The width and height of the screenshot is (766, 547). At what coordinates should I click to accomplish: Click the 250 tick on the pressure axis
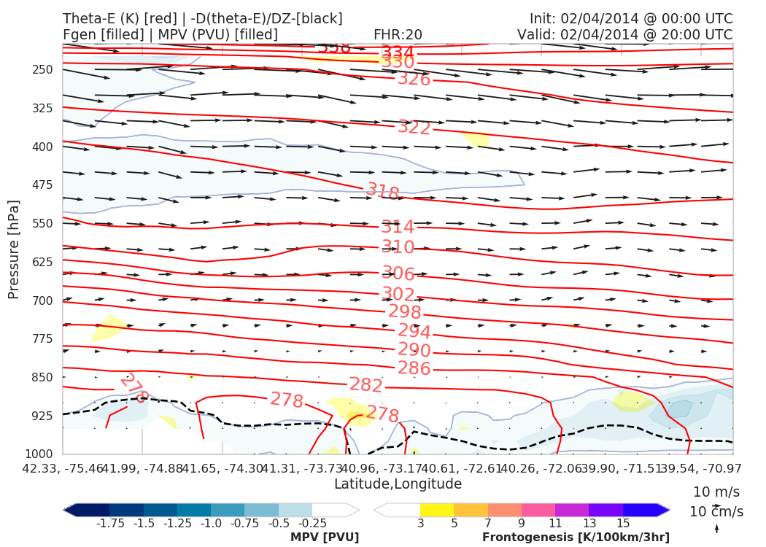pyautogui.click(x=43, y=70)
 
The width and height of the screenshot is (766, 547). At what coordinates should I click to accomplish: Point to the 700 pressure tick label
pyautogui.click(x=43, y=300)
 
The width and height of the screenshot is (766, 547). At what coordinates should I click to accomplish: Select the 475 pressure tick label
pyautogui.click(x=43, y=185)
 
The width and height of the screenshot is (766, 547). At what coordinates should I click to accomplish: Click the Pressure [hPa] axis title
pyautogui.click(x=14, y=249)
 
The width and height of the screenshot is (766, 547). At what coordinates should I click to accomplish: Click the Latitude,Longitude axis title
pyautogui.click(x=398, y=484)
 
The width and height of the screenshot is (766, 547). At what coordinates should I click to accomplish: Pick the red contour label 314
pyautogui.click(x=398, y=227)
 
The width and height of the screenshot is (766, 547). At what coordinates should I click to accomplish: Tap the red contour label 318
pyautogui.click(x=382, y=192)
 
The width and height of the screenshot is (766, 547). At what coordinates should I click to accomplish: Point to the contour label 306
pyautogui.click(x=398, y=274)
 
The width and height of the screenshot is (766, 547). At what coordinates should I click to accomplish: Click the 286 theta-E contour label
pyautogui.click(x=414, y=368)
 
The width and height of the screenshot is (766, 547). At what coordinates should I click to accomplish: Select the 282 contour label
pyautogui.click(x=366, y=385)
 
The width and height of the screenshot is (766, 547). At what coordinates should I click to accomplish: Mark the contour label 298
pyautogui.click(x=405, y=312)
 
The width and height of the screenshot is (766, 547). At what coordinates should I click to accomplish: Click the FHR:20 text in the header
pyautogui.click(x=398, y=35)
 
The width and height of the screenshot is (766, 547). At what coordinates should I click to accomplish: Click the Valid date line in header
pyautogui.click(x=624, y=35)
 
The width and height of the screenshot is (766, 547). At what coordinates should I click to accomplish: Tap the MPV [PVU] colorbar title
pyautogui.click(x=325, y=538)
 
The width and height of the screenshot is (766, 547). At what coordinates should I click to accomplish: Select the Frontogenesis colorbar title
pyautogui.click(x=576, y=538)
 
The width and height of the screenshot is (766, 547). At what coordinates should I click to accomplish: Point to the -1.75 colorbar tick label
pyautogui.click(x=109, y=523)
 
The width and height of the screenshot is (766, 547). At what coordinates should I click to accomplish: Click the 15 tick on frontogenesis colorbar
pyautogui.click(x=623, y=523)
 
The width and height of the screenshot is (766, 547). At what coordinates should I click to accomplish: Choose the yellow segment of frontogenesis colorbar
pyautogui.click(x=437, y=510)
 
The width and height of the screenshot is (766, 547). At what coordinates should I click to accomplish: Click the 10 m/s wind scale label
pyautogui.click(x=717, y=492)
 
